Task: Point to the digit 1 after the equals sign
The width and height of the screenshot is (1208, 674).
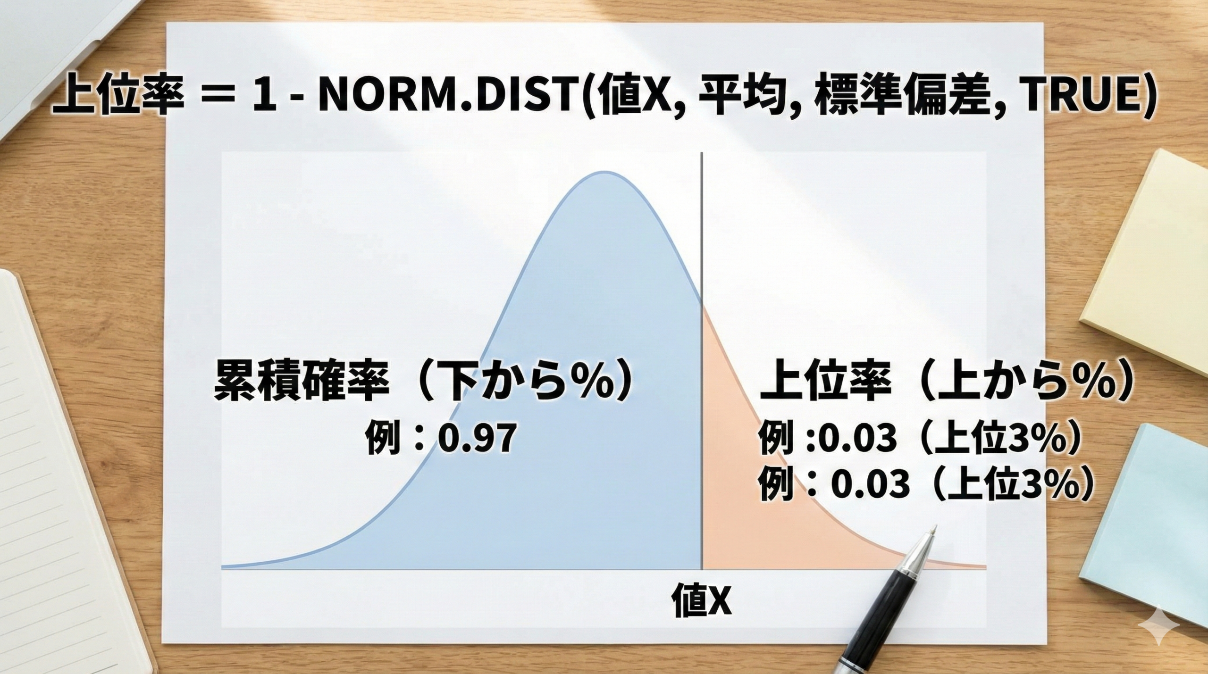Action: coord(261,99)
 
